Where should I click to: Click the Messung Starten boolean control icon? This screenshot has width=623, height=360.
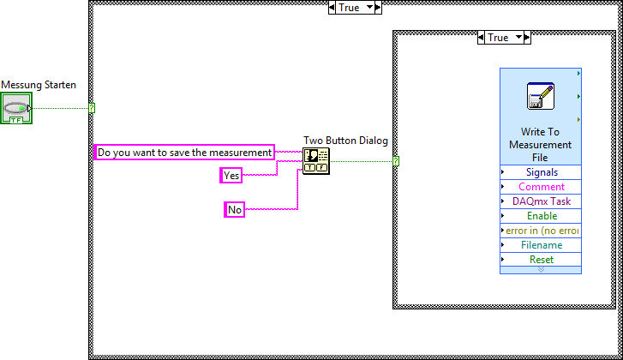[x=17, y=110]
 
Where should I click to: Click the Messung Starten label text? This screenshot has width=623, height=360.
[x=39, y=85]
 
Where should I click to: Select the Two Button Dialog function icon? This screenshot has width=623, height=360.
[x=315, y=160]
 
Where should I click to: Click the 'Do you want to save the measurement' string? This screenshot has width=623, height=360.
[x=184, y=153]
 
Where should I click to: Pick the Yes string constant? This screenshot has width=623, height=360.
[x=231, y=175]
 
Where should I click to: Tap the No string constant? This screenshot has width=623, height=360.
[x=235, y=209]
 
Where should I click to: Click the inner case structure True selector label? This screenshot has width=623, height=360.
[x=499, y=38]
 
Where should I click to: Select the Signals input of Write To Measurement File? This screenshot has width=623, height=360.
[x=542, y=172]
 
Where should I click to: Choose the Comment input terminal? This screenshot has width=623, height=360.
[x=542, y=187]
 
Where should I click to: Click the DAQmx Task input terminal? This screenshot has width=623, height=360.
[x=542, y=201]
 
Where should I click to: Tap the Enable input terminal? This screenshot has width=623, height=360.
[x=542, y=216]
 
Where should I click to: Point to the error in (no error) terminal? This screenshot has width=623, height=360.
[x=542, y=231]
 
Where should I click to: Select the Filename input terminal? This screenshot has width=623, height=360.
[x=542, y=245]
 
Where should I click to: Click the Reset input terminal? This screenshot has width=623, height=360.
[x=542, y=260]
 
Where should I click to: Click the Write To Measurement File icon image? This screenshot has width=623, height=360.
[x=541, y=96]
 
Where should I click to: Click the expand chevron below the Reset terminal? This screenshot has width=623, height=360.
[x=541, y=269]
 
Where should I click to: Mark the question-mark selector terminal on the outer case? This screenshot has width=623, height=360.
[x=92, y=108]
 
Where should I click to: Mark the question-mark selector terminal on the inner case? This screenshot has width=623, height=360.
[x=396, y=160]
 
